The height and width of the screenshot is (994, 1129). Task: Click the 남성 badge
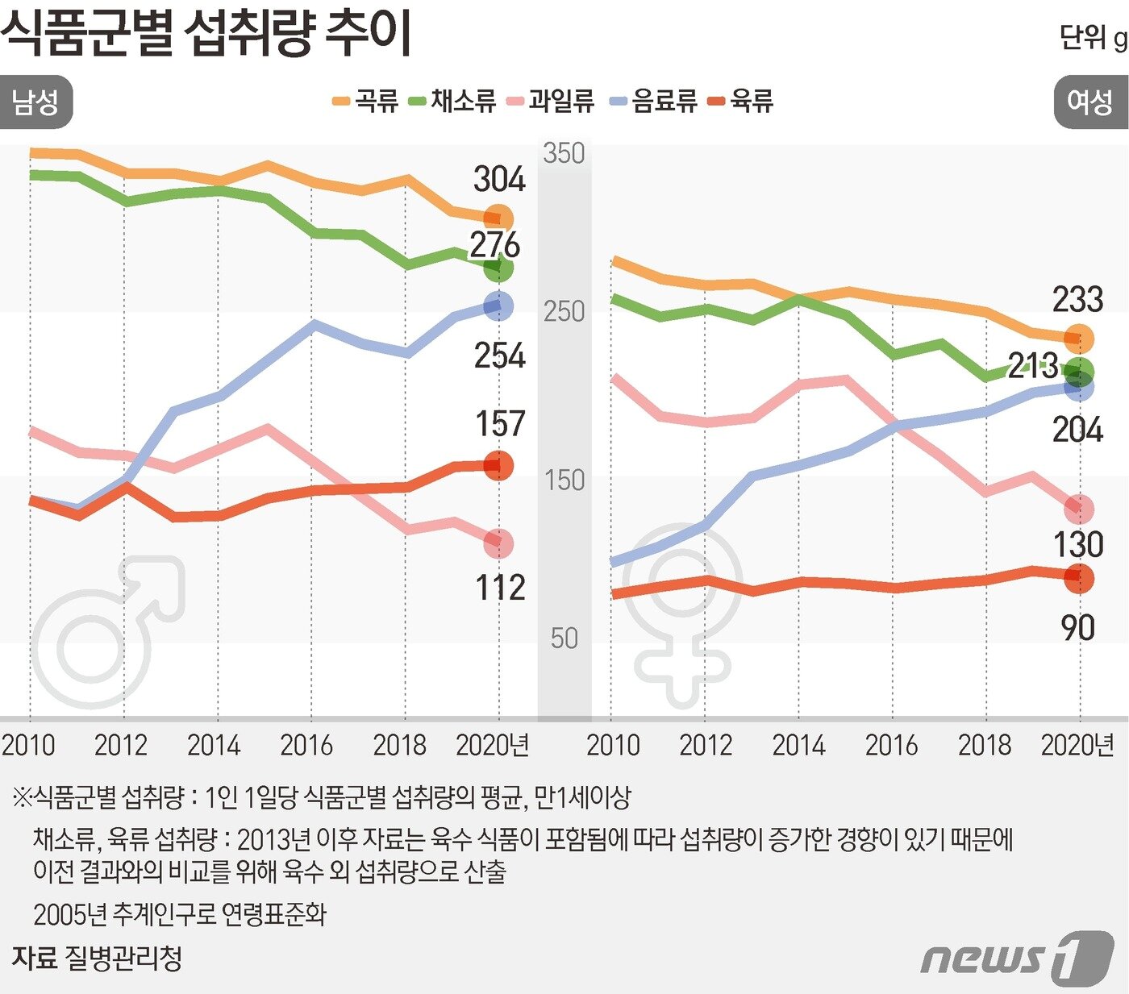(x=35, y=102)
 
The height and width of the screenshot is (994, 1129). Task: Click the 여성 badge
(x=1090, y=102)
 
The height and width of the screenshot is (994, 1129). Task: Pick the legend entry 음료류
(x=655, y=101)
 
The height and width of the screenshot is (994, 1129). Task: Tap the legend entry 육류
(x=741, y=101)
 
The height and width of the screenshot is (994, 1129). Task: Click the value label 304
(x=498, y=179)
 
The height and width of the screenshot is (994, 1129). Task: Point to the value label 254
(x=498, y=356)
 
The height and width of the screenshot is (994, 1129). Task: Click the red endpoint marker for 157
(x=498, y=465)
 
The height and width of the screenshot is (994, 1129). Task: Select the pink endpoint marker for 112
(x=498, y=544)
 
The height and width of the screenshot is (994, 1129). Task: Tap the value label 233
(x=1077, y=300)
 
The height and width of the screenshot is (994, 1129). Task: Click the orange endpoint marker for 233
(x=1079, y=339)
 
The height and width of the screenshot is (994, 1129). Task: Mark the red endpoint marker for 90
(x=1079, y=577)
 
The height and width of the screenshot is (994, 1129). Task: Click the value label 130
(x=1078, y=545)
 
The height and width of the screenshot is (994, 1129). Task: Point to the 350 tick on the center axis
(x=564, y=153)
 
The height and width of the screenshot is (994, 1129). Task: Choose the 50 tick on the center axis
(x=564, y=638)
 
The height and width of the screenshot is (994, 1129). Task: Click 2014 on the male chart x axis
(x=214, y=745)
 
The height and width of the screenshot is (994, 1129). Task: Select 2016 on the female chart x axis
(x=891, y=745)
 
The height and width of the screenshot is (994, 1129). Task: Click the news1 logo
(x=1016, y=958)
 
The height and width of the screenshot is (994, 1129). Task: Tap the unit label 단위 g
(x=1093, y=38)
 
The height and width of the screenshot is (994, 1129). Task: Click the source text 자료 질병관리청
(x=97, y=958)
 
